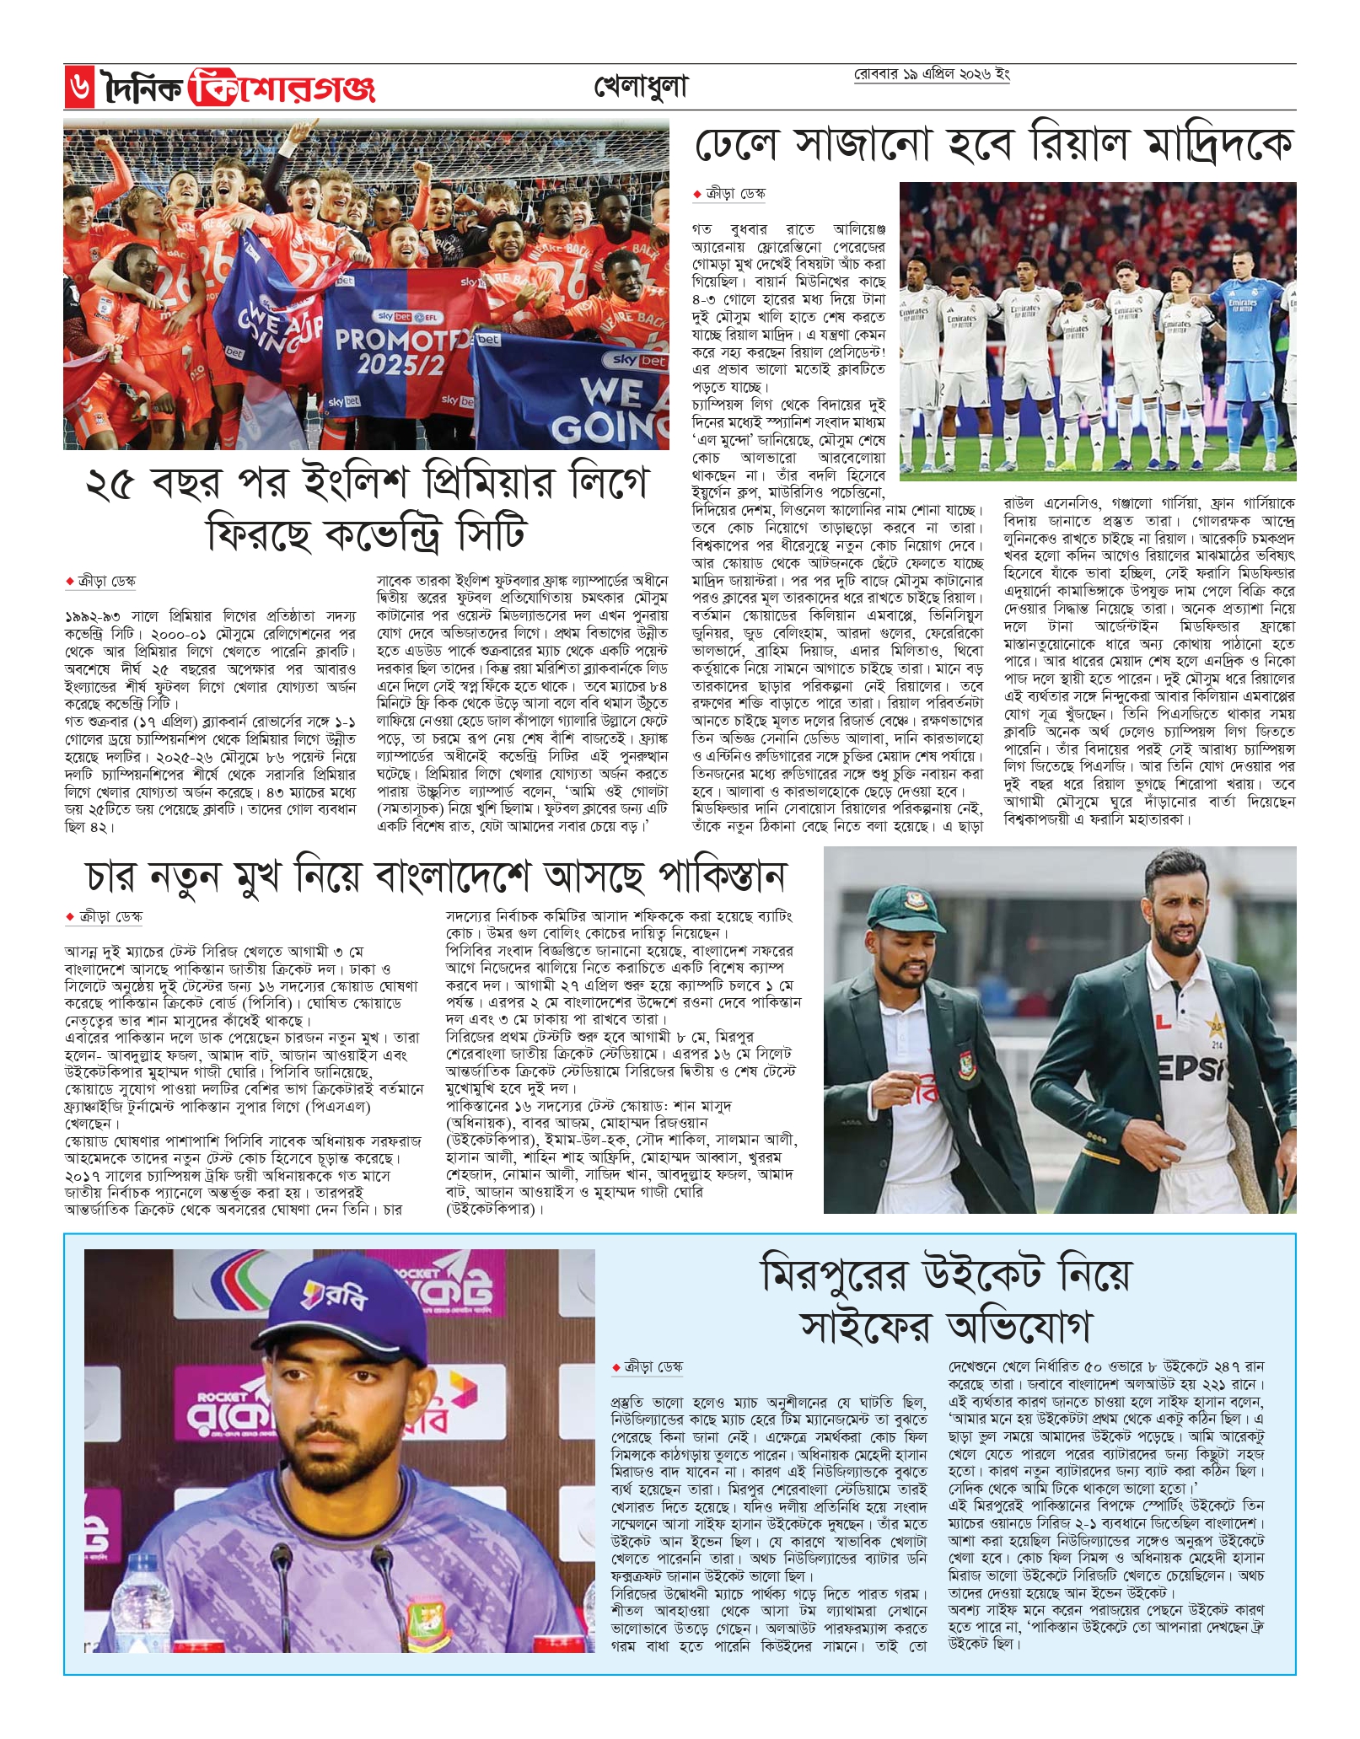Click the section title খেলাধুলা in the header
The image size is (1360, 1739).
click(641, 88)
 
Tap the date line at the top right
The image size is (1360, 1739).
click(932, 75)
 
